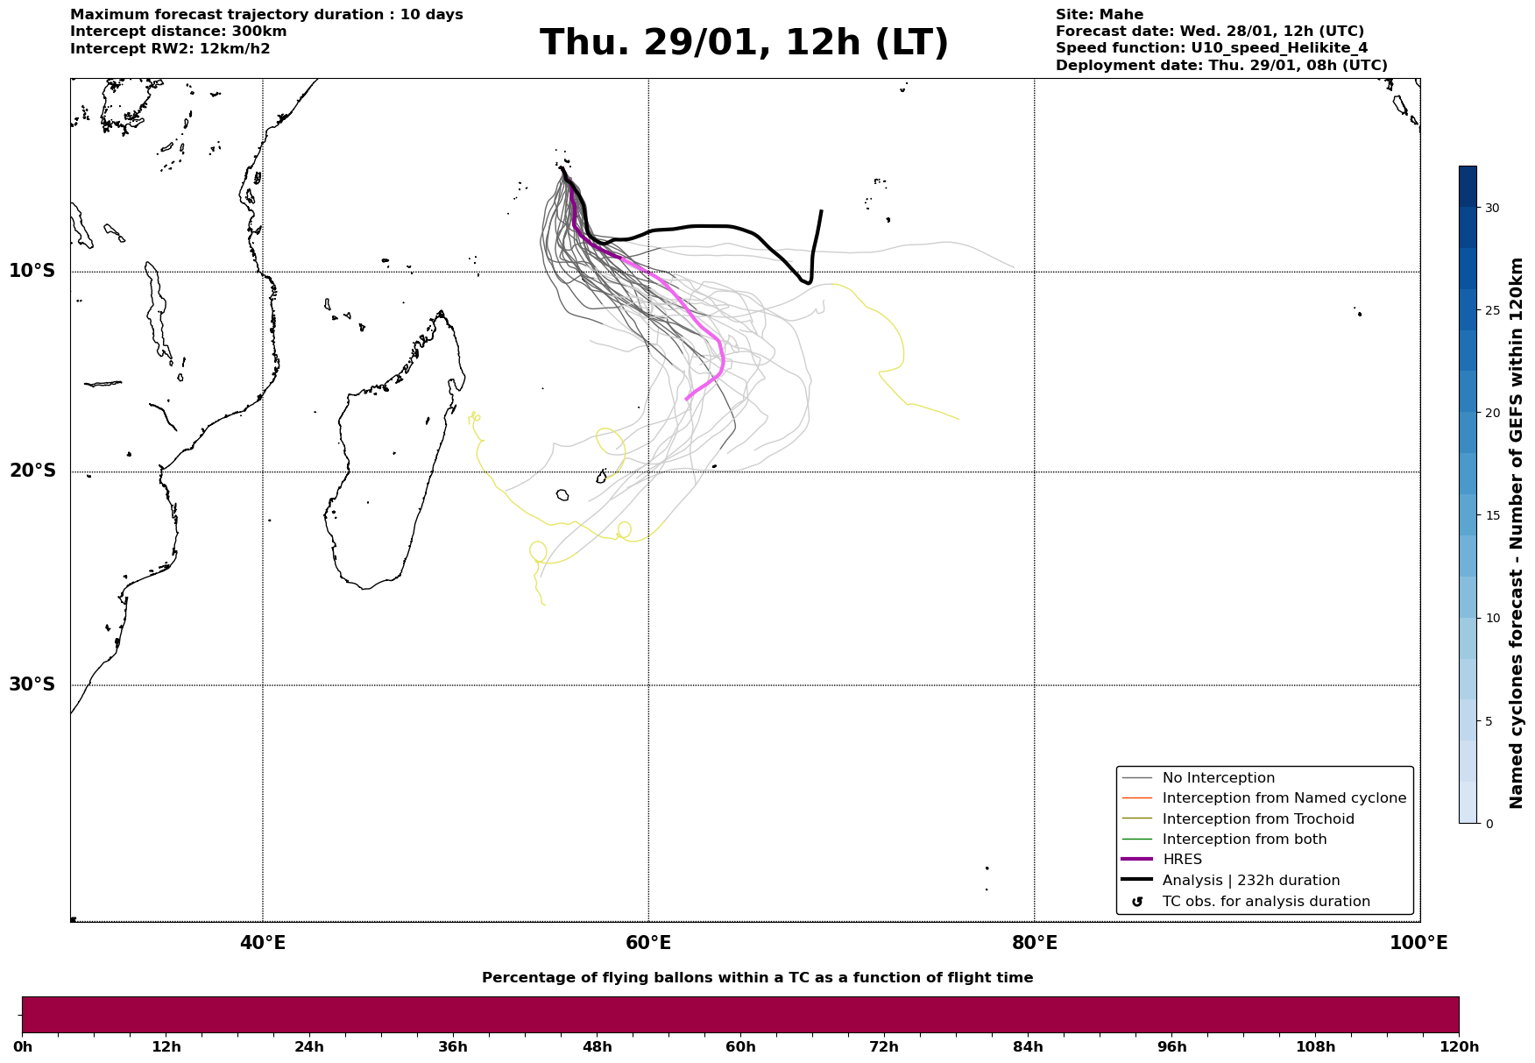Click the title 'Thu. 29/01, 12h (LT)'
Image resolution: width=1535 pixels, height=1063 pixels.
pos(744,43)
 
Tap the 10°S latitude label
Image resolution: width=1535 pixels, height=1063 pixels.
pos(32,271)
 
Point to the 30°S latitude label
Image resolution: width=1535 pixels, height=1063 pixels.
pos(32,684)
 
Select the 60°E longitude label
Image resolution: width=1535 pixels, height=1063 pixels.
pos(648,943)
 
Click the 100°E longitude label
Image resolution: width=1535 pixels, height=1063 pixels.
pos(1418,943)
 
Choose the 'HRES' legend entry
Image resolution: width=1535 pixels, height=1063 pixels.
pos(1182,860)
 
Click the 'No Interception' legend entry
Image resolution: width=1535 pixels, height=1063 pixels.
pos(1218,778)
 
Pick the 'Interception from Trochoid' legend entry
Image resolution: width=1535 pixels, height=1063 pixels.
pos(1257,819)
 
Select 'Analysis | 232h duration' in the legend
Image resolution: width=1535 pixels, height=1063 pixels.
pos(1250,881)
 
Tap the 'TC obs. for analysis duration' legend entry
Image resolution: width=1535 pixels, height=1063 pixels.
pos(1265,902)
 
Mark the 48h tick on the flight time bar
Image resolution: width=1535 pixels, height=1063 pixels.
pos(597,1047)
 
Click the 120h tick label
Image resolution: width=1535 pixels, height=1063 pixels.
pos(1458,1047)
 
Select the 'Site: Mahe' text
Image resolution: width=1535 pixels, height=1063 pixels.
pos(1099,15)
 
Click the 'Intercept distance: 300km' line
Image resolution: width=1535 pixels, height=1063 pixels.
pos(178,32)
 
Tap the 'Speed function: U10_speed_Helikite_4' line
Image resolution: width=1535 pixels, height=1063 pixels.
pos(1211,48)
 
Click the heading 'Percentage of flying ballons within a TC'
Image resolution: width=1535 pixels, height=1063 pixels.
pos(757,978)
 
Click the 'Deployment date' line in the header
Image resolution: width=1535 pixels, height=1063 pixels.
pos(1220,66)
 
